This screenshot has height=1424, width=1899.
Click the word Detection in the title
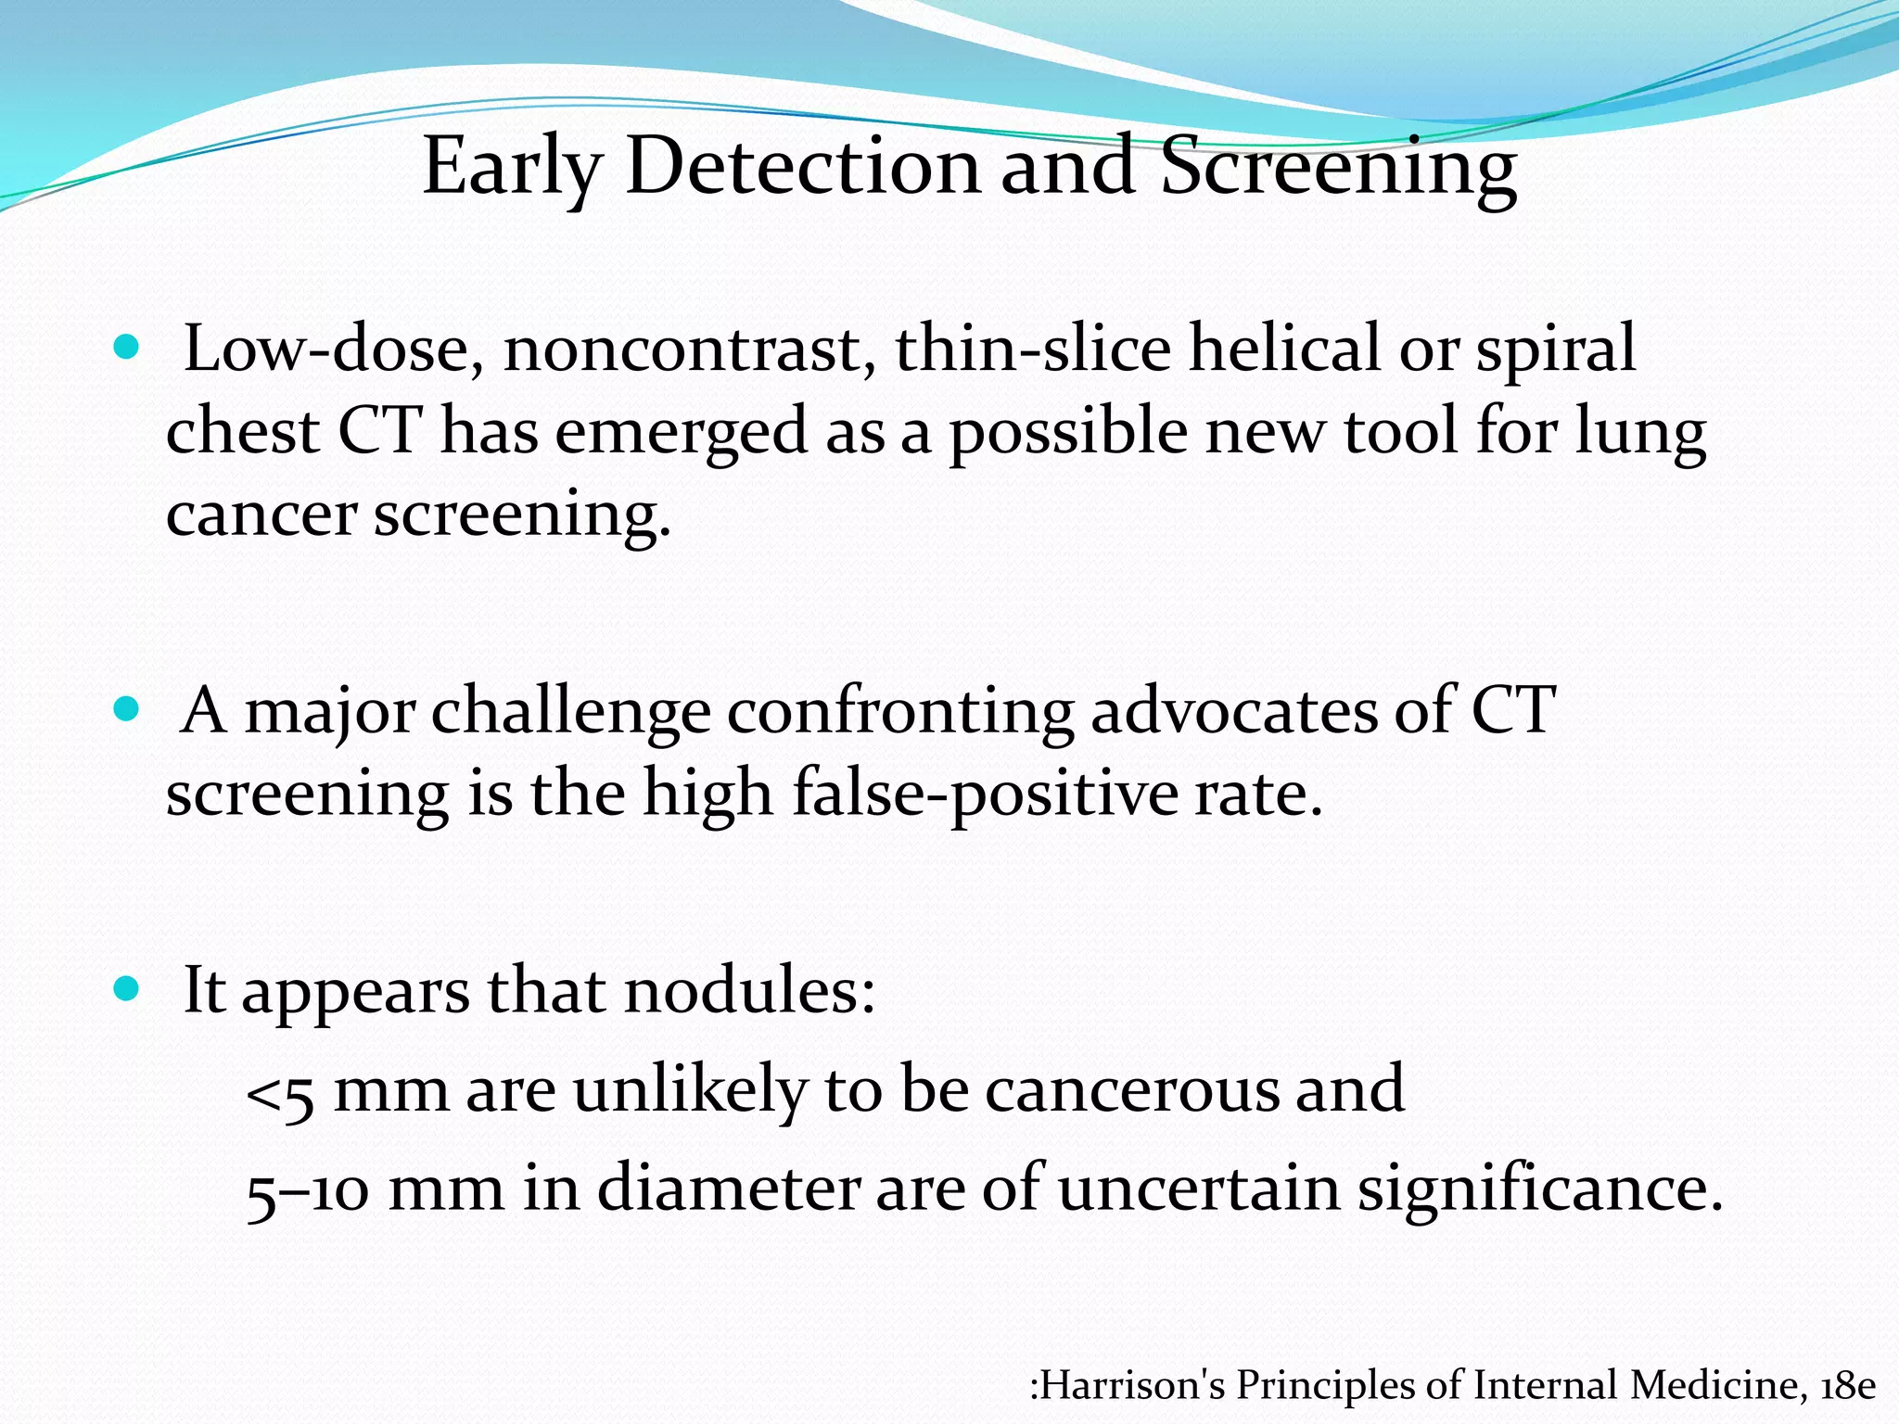(803, 167)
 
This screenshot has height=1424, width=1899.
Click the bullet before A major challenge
(125, 711)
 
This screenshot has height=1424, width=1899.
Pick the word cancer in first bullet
(261, 515)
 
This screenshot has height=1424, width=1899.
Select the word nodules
(749, 991)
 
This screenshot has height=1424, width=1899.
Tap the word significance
(1539, 1189)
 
